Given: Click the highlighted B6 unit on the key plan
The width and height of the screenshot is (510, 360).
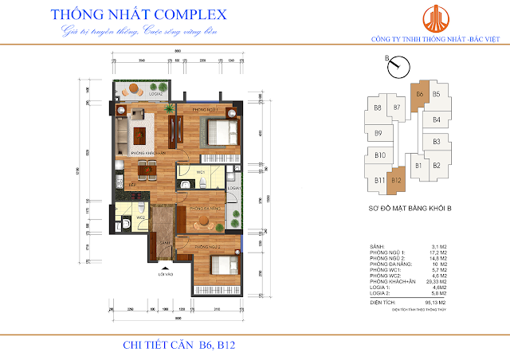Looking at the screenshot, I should pos(418,95).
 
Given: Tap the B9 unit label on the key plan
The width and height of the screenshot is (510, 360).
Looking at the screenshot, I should pos(379,133).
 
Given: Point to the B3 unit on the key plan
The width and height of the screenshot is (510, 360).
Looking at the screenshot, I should pos(436,142).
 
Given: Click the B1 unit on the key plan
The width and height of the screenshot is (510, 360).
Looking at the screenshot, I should pos(418,166).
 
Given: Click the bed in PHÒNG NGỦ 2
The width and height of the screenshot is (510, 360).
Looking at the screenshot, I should pos(220,262).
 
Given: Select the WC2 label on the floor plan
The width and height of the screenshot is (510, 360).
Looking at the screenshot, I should pos(140,217).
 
